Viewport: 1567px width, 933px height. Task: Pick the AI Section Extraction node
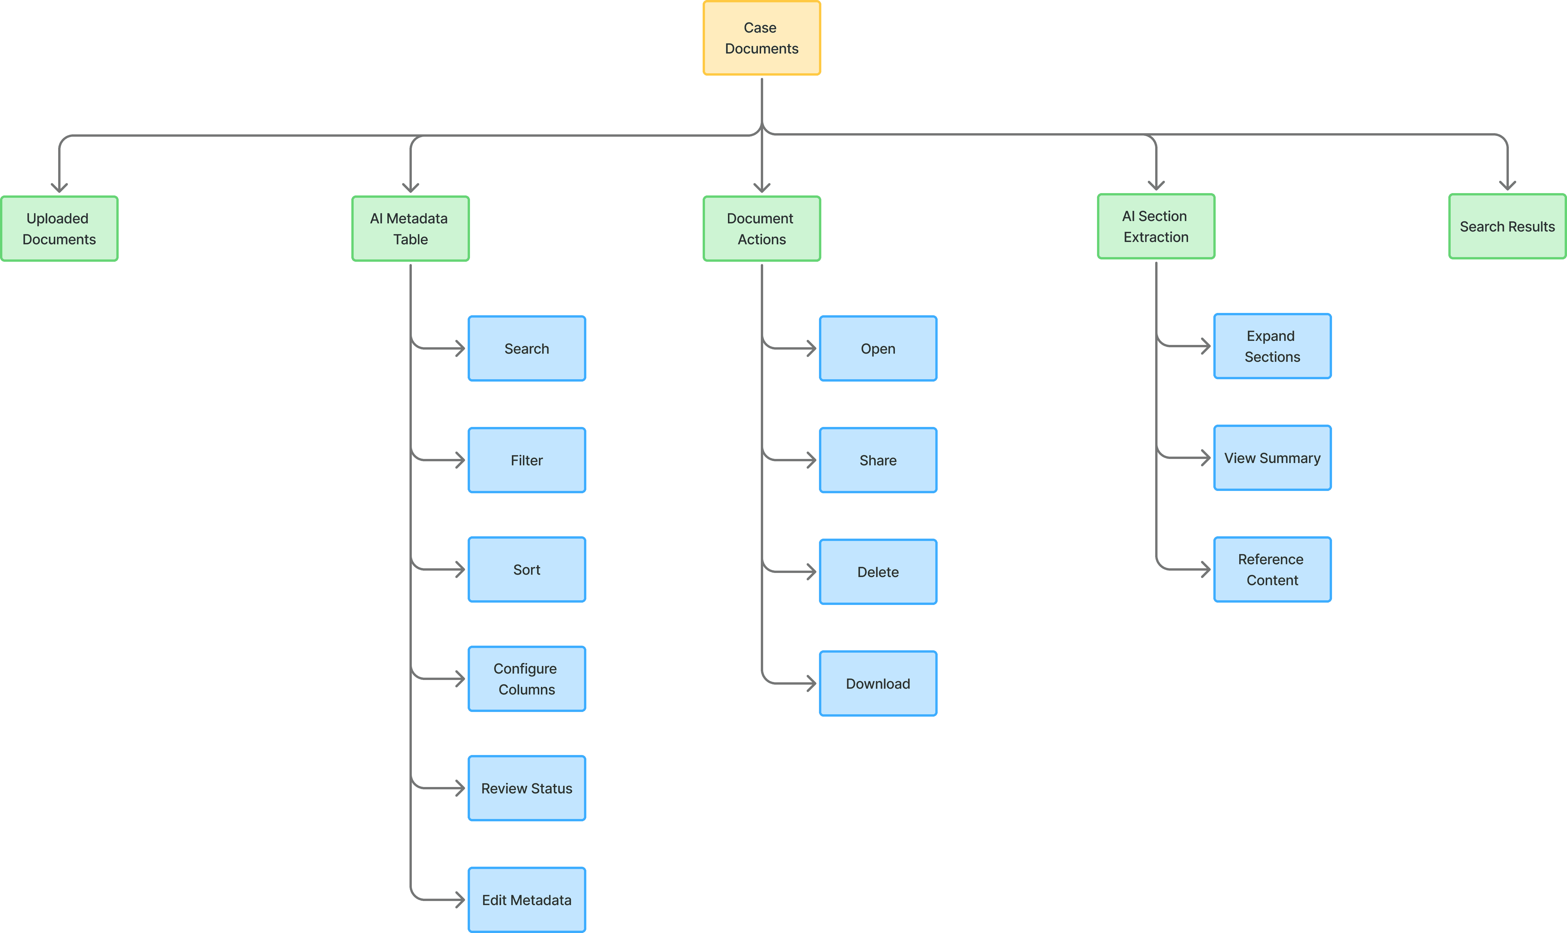point(1156,226)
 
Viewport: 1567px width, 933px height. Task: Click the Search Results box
point(1507,226)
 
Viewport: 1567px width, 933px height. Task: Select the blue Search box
point(527,348)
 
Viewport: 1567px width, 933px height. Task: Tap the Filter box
point(527,460)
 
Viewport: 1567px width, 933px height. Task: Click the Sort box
point(527,570)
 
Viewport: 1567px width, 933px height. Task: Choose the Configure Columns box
point(527,679)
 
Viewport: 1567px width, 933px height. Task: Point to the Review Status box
point(527,788)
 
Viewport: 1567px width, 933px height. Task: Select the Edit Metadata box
point(527,900)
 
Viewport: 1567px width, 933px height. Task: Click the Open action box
point(878,348)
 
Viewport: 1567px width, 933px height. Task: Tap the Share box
point(878,460)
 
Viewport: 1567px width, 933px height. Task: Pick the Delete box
point(878,572)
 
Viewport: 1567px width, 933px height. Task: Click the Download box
point(878,683)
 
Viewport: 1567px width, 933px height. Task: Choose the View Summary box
point(1272,458)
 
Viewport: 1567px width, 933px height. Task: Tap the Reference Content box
point(1272,570)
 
